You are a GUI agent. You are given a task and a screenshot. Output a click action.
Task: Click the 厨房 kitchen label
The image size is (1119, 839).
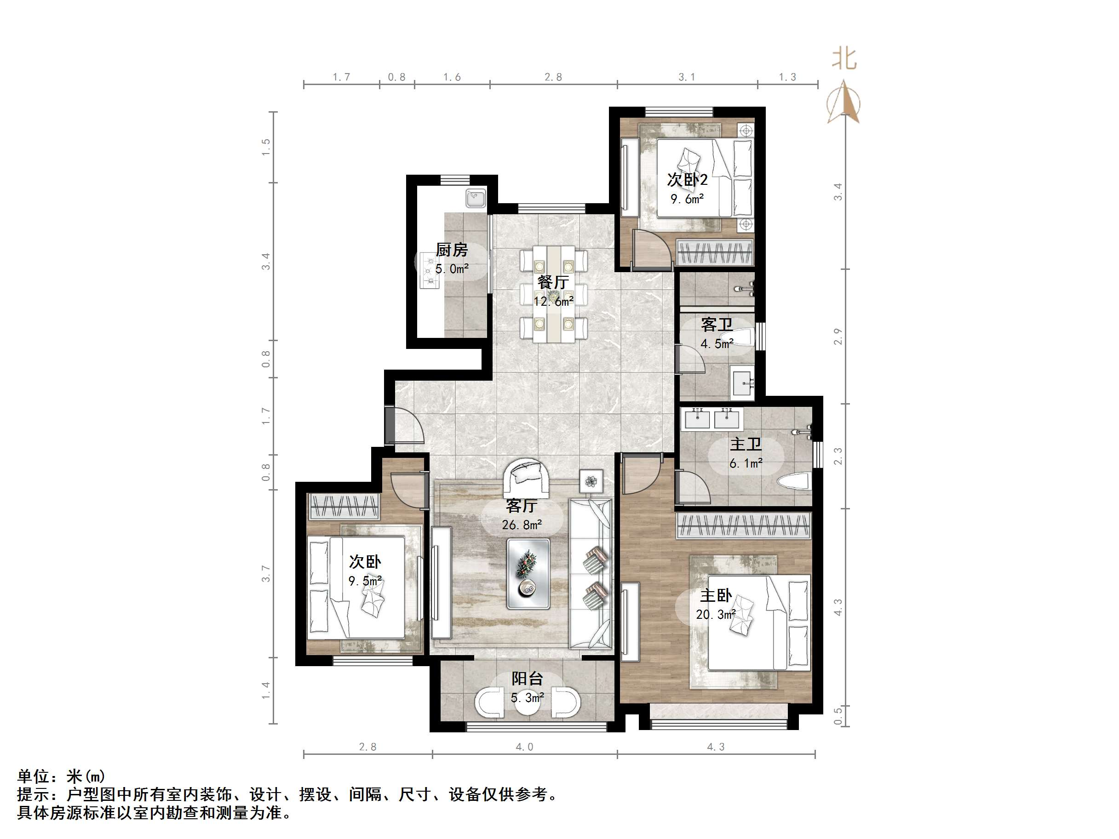pyautogui.click(x=452, y=250)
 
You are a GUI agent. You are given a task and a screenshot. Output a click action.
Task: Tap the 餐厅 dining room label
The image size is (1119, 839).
pyautogui.click(x=553, y=282)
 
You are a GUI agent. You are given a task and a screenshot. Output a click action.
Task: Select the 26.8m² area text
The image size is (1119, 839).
pyautogui.click(x=522, y=525)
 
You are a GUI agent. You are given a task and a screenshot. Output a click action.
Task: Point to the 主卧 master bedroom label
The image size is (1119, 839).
pyautogui.click(x=716, y=596)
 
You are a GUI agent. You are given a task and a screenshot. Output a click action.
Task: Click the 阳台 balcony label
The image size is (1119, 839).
pyautogui.click(x=527, y=679)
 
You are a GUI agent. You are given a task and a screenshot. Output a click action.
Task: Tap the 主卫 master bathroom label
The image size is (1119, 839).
pyautogui.click(x=746, y=444)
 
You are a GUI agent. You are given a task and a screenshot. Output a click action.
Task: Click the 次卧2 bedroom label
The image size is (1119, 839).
pyautogui.click(x=688, y=180)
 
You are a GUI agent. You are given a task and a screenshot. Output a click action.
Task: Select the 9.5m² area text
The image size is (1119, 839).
pyautogui.click(x=365, y=581)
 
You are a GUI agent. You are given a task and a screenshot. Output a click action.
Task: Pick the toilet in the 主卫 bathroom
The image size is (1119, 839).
pyautogui.click(x=794, y=482)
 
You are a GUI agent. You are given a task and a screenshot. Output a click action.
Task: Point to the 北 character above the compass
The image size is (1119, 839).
pyautogui.click(x=844, y=59)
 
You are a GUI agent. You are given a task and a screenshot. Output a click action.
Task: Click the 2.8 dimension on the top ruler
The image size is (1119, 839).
pyautogui.click(x=553, y=77)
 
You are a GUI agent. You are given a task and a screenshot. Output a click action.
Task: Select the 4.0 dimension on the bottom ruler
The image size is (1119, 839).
pyautogui.click(x=525, y=747)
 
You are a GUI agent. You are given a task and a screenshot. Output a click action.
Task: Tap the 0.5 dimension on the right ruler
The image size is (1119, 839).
pyautogui.click(x=838, y=716)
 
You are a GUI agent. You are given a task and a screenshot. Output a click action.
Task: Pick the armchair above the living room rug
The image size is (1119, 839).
pyautogui.click(x=527, y=479)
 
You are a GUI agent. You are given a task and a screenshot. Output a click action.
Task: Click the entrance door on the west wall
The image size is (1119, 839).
pyautogui.click(x=404, y=425)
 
